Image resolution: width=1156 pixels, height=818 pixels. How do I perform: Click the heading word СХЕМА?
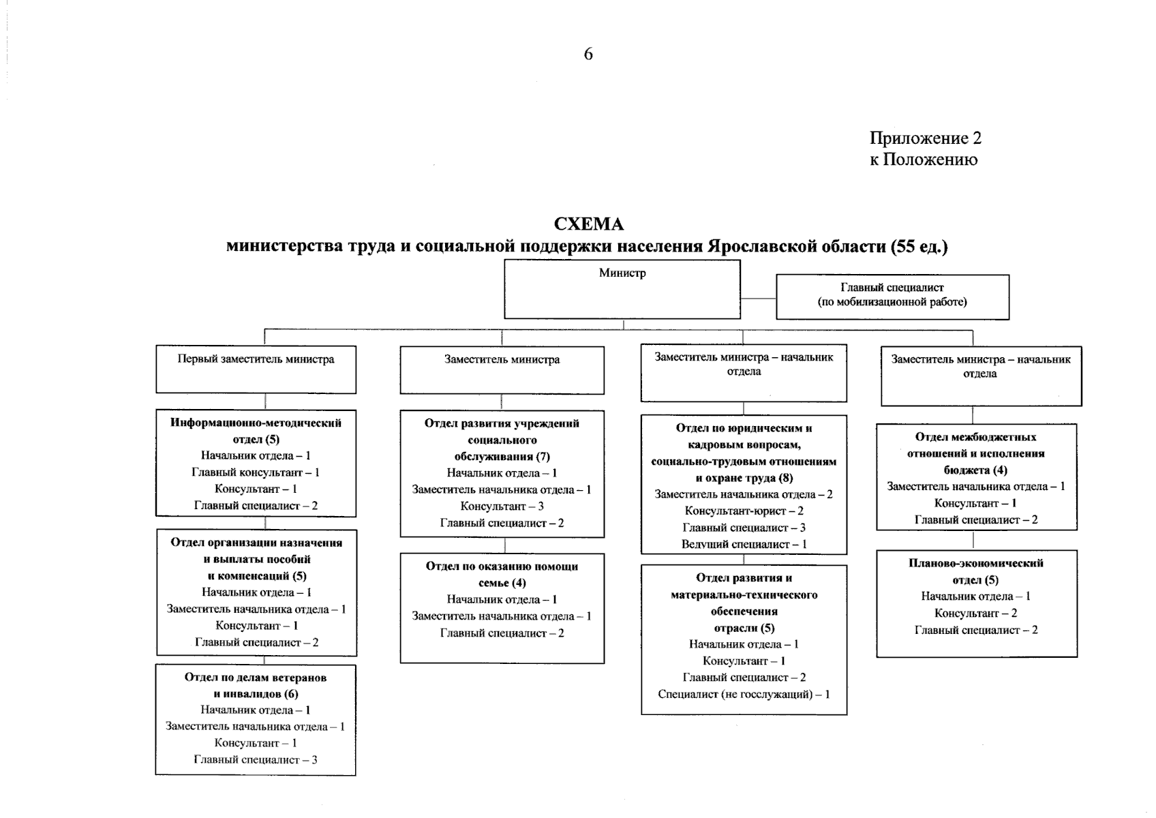[x=588, y=224]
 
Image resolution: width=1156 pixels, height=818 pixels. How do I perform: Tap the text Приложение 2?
[x=925, y=138]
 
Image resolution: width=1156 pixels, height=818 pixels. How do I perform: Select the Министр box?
[x=622, y=290]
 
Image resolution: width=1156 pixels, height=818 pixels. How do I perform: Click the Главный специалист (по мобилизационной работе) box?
[x=892, y=297]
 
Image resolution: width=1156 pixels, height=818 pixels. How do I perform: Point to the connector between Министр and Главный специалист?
[x=758, y=298]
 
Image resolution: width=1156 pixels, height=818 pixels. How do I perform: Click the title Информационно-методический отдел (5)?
[x=256, y=431]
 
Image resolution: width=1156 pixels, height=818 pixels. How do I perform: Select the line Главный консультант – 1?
[x=256, y=472]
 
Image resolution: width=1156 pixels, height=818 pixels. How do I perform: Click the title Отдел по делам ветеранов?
[x=256, y=678]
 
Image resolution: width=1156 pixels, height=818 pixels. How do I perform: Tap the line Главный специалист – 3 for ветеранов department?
[x=256, y=759]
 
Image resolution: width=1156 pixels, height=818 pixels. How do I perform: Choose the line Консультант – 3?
[x=502, y=506]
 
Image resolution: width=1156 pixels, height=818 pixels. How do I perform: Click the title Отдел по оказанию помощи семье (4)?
[x=502, y=574]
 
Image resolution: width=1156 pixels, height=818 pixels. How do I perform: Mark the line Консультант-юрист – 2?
[x=744, y=511]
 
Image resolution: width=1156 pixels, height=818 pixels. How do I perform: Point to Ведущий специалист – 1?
[x=744, y=545]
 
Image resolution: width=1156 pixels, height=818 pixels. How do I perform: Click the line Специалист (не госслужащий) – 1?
[x=744, y=695]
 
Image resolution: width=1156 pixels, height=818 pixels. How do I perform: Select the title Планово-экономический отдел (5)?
[x=976, y=571]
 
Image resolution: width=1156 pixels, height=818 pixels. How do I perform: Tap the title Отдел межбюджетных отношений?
[x=976, y=445]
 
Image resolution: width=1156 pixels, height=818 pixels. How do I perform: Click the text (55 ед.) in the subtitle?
[x=919, y=246]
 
